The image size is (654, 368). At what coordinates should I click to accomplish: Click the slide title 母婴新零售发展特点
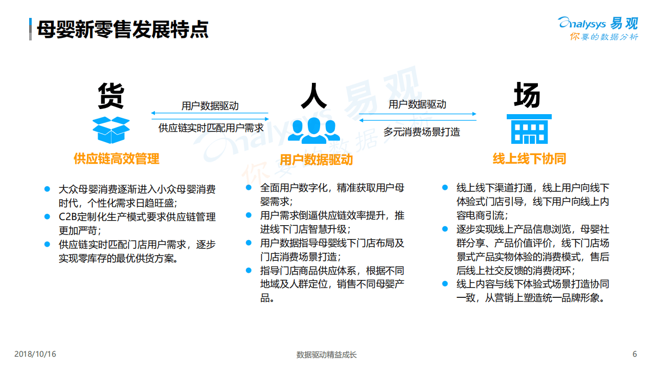click(123, 29)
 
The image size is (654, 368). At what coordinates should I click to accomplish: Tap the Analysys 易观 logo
click(598, 23)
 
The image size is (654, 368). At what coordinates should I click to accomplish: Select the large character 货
click(111, 95)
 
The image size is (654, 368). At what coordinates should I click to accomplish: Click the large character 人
click(313, 95)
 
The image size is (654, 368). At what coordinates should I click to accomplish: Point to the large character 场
click(527, 95)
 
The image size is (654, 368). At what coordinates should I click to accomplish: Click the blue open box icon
click(111, 129)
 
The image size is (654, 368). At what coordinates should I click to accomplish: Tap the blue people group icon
click(313, 131)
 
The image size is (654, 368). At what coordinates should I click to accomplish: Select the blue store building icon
click(529, 129)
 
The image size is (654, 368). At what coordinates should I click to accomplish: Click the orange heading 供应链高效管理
click(117, 159)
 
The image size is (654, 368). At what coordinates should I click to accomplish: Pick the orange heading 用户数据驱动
click(316, 160)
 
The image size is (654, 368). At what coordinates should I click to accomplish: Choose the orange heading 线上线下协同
click(529, 159)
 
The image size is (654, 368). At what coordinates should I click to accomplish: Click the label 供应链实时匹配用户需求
click(211, 128)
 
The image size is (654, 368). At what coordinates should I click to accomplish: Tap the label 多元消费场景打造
click(422, 132)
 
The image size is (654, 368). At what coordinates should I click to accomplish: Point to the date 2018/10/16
click(35, 354)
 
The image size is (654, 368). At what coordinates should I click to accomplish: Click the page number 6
click(635, 354)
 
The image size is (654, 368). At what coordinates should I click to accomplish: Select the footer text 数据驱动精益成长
click(326, 355)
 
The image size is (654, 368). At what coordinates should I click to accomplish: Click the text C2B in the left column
click(67, 217)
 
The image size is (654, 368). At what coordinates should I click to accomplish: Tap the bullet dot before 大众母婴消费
click(47, 188)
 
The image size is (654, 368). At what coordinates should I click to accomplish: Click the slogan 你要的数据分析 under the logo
click(604, 37)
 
